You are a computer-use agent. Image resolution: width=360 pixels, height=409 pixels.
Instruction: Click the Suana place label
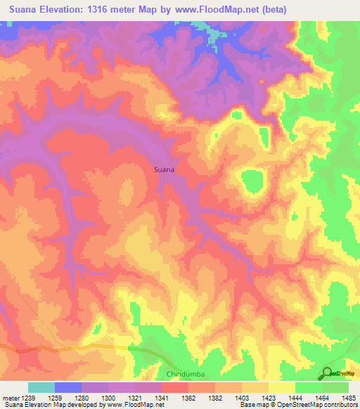pyautogui.click(x=164, y=169)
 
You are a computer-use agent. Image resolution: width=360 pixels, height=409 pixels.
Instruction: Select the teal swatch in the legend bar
pyautogui.click(x=41, y=387)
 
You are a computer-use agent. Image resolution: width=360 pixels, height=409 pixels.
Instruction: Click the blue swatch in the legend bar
pyautogui.click(x=68, y=387)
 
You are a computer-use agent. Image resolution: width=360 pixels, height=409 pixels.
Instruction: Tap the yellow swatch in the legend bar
pyautogui.click(x=281, y=387)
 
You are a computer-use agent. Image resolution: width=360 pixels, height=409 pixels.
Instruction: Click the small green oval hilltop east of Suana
pyautogui.click(x=251, y=184)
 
